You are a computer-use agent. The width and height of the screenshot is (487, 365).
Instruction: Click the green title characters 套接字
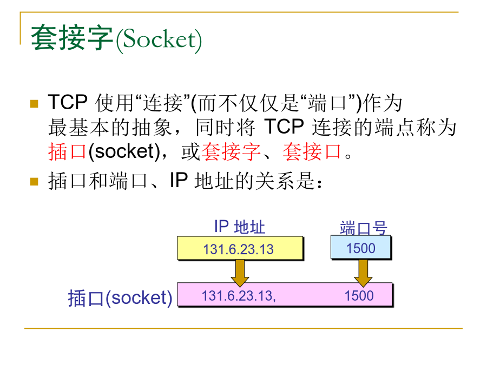point(72,38)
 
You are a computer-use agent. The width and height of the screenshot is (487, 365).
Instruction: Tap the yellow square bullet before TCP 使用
point(34,103)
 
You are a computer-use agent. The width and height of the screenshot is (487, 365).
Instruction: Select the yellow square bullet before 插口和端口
point(34,181)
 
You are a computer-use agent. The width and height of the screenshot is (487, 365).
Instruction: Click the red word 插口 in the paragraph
point(67,152)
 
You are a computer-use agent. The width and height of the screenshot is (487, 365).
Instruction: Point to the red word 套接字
point(232,152)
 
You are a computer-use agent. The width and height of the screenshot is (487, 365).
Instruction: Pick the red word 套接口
point(312,152)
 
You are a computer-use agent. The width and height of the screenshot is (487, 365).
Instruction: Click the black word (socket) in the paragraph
point(124,152)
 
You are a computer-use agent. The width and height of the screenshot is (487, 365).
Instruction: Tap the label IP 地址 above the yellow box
point(240,227)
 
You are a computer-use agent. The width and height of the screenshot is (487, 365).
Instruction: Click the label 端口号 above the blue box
point(364,228)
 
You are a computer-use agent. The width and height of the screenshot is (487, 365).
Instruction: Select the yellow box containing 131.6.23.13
point(240,248)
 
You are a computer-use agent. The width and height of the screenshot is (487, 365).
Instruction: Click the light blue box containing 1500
point(361,247)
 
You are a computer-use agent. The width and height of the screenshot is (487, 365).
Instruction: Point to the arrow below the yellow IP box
point(240,273)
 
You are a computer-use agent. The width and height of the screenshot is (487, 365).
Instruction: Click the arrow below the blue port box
point(363,273)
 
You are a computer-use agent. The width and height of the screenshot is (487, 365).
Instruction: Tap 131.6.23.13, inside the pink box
point(239,296)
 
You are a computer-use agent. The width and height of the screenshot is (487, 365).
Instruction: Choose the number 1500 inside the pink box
point(359,296)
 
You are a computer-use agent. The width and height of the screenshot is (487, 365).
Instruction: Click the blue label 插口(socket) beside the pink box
point(120,298)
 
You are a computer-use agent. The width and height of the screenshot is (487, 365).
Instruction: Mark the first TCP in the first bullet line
point(68,102)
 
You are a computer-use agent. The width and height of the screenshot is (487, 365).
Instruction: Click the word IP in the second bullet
point(179,180)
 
